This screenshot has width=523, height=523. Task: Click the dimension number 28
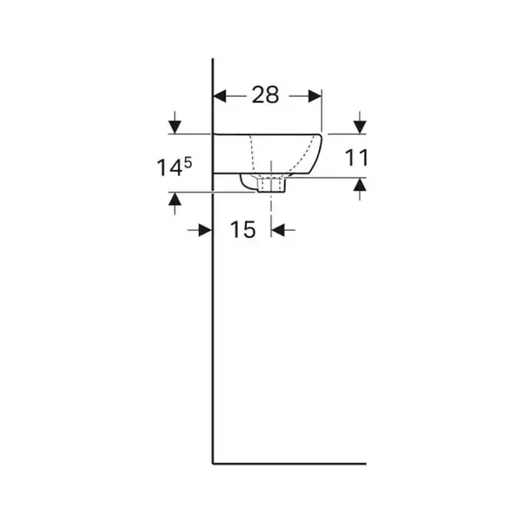click(x=265, y=95)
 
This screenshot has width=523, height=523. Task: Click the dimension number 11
click(x=357, y=158)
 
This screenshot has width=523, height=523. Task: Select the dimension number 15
click(x=243, y=229)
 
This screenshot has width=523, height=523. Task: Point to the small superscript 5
click(x=188, y=163)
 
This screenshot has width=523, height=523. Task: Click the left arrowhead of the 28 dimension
click(x=220, y=96)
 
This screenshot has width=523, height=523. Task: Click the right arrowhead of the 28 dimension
click(x=315, y=96)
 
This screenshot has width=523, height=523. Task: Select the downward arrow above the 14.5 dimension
click(x=175, y=122)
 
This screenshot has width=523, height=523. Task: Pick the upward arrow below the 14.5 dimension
click(x=175, y=204)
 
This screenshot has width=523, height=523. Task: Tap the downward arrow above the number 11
click(x=359, y=122)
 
